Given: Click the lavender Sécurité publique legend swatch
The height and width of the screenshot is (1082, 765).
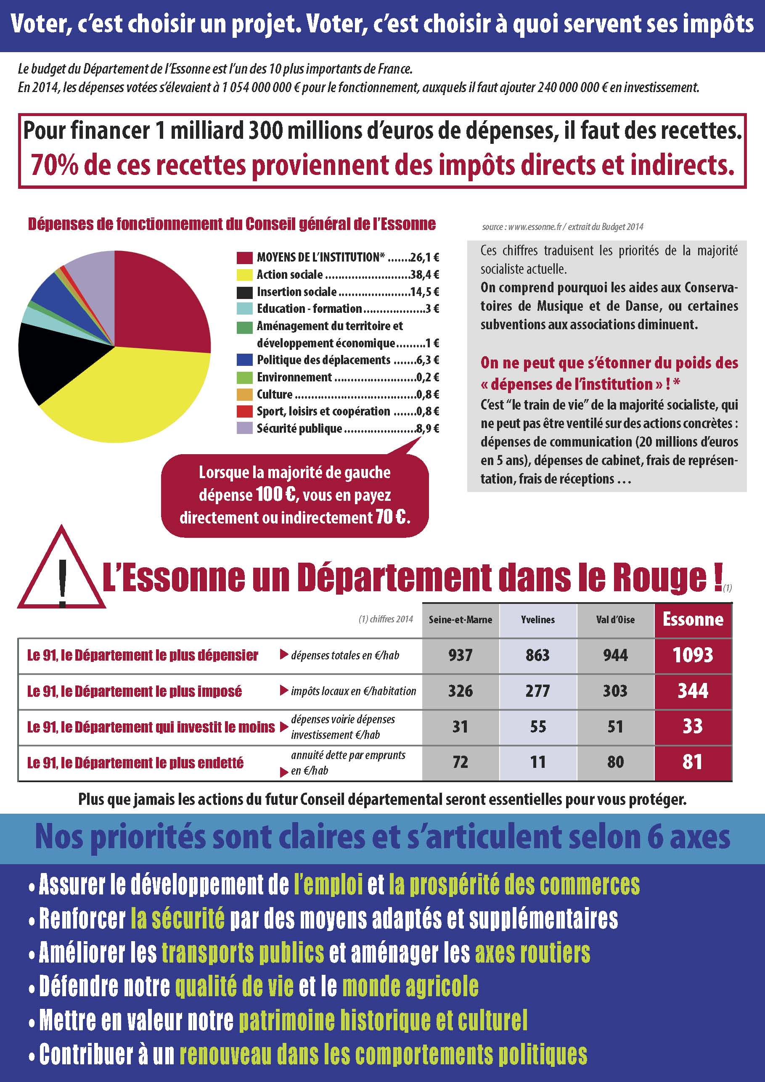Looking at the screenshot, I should (244, 429).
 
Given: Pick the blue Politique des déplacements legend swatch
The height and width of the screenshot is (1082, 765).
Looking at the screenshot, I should (244, 360).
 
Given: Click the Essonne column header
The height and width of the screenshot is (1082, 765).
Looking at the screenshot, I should (693, 619).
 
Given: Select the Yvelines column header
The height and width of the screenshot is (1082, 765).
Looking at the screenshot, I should (538, 620).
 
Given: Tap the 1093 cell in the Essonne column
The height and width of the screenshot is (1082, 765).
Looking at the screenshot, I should (693, 655).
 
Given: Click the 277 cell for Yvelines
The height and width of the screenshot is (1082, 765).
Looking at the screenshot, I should (538, 691).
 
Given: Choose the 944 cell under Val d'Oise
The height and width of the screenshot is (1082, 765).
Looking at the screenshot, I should (615, 655).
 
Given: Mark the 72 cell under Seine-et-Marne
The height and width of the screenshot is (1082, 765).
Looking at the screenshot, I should (460, 762).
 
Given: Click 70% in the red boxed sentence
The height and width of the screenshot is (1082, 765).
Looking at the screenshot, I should (55, 165).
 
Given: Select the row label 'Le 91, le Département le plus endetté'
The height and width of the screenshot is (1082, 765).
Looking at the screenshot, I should (135, 762).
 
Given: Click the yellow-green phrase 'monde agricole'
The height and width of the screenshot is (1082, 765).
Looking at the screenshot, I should (410, 987).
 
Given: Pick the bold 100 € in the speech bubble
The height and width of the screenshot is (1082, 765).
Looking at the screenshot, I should (276, 495).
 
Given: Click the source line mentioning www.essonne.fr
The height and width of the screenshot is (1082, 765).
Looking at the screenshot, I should (562, 227).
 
